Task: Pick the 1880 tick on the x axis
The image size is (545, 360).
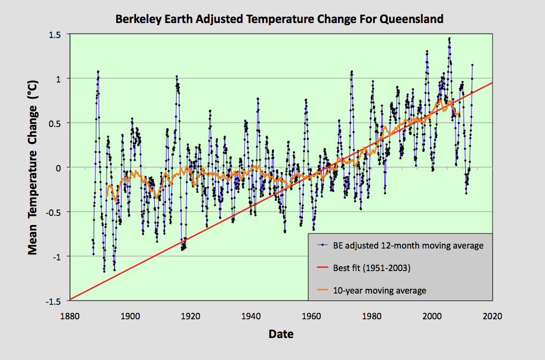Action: point(70,316)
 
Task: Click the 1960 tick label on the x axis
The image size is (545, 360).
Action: point(311,316)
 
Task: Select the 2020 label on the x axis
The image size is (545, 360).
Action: point(491,316)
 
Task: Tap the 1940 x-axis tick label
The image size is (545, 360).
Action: point(251,316)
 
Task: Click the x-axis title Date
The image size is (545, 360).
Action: point(281,335)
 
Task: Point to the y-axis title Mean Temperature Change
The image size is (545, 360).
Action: point(33,168)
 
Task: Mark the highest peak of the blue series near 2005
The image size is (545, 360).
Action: point(449,38)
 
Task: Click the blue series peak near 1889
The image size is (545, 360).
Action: point(99,71)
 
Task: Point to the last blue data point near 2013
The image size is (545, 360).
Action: point(472,65)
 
